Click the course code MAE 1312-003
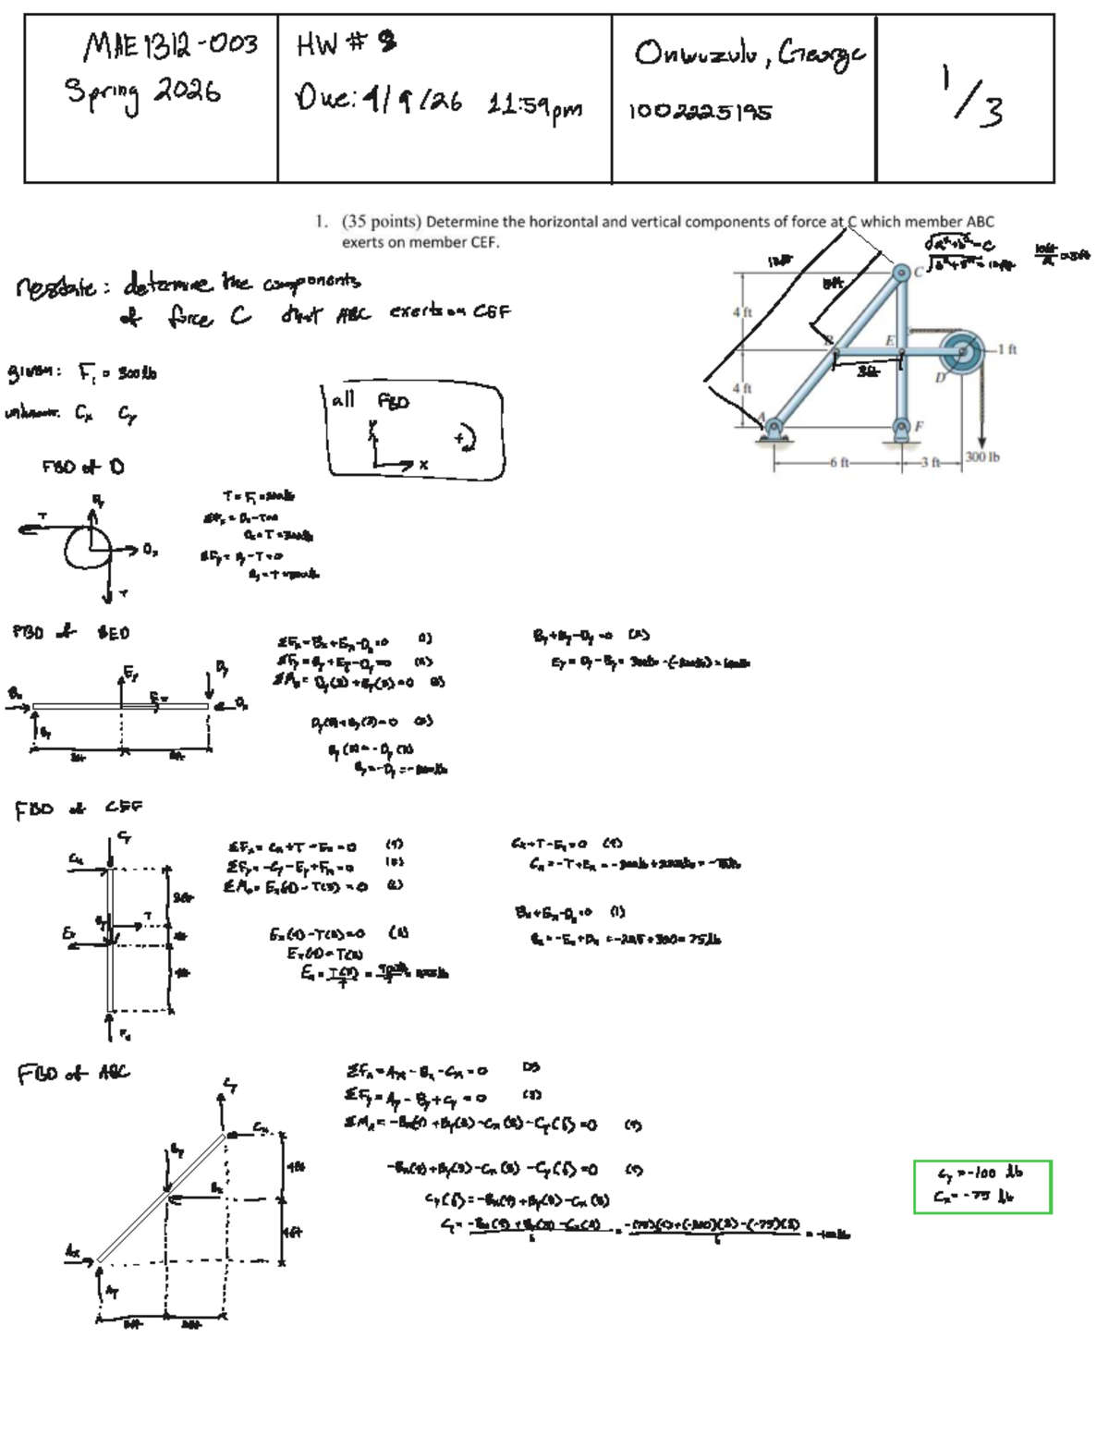point(171,44)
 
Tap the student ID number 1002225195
point(700,113)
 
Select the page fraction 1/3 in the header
point(970,94)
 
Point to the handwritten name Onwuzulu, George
point(749,55)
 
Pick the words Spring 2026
point(142,92)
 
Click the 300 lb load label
point(982,456)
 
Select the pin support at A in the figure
point(773,427)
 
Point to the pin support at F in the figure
point(901,427)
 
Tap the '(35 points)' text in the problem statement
point(382,222)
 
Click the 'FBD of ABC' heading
point(73,1074)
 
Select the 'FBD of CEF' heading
point(79,810)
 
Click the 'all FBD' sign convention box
point(415,431)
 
